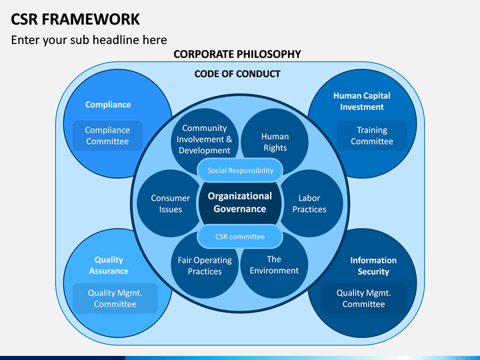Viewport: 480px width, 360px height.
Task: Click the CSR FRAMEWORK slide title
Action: (75, 19)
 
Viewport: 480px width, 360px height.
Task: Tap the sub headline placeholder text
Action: (89, 40)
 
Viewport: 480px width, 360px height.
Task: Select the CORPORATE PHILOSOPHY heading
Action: (237, 54)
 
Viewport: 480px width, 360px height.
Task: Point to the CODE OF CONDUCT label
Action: (237, 74)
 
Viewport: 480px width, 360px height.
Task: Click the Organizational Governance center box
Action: (240, 203)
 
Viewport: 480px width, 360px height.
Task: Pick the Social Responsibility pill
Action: (240, 170)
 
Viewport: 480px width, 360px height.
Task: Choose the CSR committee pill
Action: (240, 236)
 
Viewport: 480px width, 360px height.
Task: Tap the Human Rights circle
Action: (275, 142)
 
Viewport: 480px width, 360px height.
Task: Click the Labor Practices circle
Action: (310, 203)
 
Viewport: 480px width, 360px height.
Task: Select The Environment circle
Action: (274, 265)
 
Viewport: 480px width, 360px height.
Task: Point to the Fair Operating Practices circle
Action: (205, 265)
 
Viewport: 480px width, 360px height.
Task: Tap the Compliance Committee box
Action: (107, 135)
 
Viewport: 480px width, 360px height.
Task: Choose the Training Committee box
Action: (372, 135)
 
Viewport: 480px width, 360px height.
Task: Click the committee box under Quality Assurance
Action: (115, 298)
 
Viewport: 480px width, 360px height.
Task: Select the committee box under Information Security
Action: (364, 298)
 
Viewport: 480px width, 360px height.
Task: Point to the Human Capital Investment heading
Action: (362, 101)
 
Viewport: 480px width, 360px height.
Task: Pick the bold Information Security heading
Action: (373, 266)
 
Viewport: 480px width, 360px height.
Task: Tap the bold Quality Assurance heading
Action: (109, 265)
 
